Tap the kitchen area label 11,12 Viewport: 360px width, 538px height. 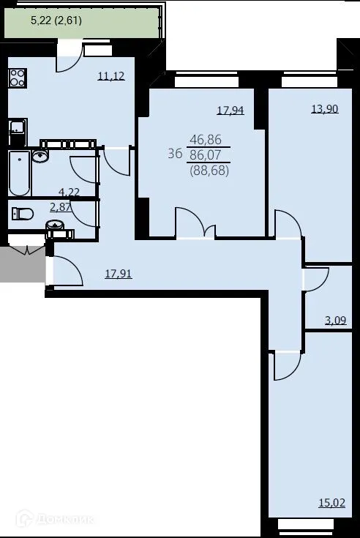pyautogui.click(x=110, y=75)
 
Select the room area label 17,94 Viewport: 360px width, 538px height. pyautogui.click(x=230, y=111)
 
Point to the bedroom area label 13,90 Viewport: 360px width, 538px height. pyautogui.click(x=323, y=108)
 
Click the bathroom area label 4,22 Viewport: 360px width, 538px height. pyautogui.click(x=70, y=193)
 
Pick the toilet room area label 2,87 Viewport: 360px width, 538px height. pyautogui.click(x=60, y=208)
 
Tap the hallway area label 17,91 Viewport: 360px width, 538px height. pyautogui.click(x=118, y=275)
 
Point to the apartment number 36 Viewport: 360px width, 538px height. pyautogui.click(x=175, y=153)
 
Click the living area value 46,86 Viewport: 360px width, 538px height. pyautogui.click(x=206, y=140)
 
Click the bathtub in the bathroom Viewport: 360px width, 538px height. pyautogui.click(x=19, y=173)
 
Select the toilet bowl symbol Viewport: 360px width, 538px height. pyautogui.click(x=23, y=214)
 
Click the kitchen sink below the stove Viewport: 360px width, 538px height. pyautogui.click(x=17, y=131)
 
